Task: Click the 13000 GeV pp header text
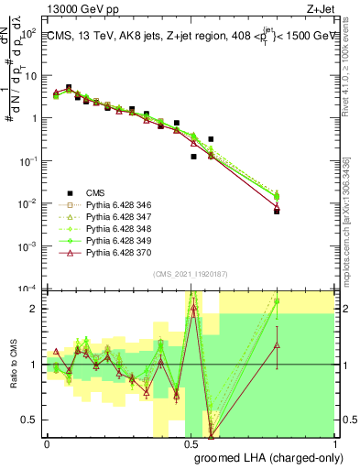click(x=82, y=8)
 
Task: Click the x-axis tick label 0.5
click(x=191, y=443)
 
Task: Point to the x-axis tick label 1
click(x=333, y=443)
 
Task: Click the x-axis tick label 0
click(x=47, y=443)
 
